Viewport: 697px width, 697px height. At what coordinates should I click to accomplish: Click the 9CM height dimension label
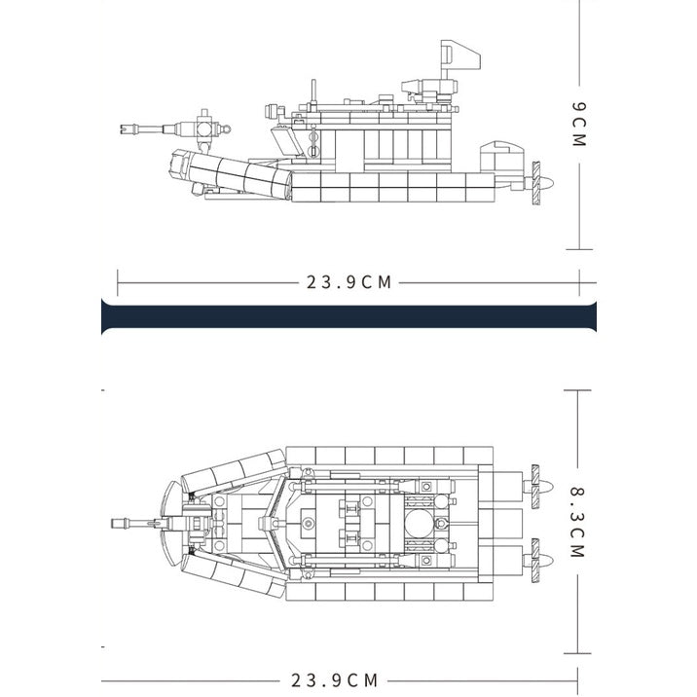(x=579, y=124)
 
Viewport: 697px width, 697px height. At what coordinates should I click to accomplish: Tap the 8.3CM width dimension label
(x=578, y=522)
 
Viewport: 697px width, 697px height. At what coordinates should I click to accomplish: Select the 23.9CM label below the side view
(x=348, y=282)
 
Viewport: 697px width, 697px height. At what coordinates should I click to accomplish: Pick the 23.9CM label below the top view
(x=334, y=680)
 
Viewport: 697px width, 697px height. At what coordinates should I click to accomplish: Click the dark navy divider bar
(x=348, y=316)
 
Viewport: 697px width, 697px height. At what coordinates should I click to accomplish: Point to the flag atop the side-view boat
(x=460, y=55)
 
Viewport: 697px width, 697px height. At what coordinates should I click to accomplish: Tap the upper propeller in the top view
(x=539, y=487)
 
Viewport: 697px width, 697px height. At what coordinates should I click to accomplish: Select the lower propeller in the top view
(x=539, y=561)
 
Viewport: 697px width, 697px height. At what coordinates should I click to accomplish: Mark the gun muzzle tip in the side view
(x=123, y=129)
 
